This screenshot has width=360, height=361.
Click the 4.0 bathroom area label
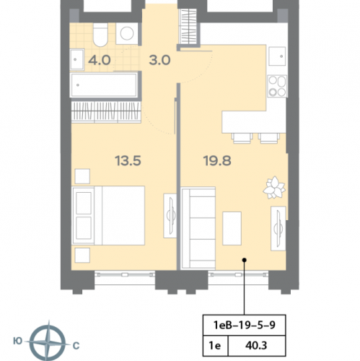point(100,60)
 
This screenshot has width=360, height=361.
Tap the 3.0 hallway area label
point(159,60)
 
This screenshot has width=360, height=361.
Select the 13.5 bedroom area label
point(128,161)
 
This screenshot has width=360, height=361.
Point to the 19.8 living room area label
point(217,161)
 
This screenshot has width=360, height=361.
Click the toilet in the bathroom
point(100,35)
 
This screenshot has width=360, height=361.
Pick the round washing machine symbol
point(127,33)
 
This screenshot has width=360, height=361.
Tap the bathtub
point(104,85)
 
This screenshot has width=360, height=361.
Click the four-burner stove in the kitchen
point(277,86)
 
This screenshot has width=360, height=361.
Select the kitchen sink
point(277,56)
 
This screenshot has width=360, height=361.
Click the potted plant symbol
point(274,188)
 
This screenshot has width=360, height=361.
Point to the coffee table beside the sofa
point(232,228)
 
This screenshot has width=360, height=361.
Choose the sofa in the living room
point(198,228)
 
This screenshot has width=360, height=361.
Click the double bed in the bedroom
point(108,215)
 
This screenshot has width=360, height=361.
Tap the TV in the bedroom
point(170,216)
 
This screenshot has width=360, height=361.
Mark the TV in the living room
point(278,228)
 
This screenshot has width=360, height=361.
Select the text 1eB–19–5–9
point(245,325)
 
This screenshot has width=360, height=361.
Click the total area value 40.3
point(256,346)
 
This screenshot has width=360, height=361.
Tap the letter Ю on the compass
point(17,341)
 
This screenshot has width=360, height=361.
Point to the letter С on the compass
point(76,346)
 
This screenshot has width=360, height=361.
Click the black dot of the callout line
point(245,260)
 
